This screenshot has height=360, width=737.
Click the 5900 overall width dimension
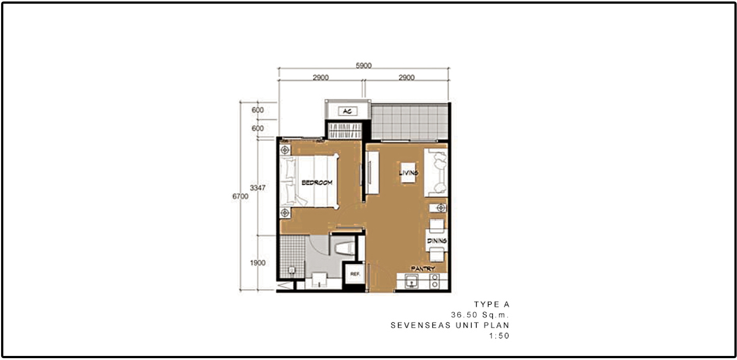point(363,66)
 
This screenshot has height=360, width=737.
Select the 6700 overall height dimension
point(240,196)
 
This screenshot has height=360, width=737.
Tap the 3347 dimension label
point(258,188)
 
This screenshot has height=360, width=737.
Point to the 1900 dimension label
point(258,263)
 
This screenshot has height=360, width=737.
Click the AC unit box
point(347,111)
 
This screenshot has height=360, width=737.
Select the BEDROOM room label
point(317,182)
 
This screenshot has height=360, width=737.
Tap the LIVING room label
point(408,173)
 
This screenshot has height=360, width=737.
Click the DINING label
point(437,241)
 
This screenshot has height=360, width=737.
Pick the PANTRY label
point(423,269)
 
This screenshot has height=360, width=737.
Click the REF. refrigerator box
point(354,274)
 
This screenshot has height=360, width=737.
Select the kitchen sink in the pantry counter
point(411,282)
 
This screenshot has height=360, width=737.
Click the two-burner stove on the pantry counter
point(435,281)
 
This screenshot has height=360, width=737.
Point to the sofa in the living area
point(436,173)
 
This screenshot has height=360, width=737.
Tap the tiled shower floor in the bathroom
point(292,256)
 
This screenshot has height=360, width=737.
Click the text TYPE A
point(492,304)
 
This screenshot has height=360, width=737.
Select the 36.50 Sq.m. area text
point(480,315)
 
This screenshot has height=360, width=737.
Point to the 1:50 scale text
point(499,336)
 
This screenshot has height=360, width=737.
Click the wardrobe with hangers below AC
point(345,131)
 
